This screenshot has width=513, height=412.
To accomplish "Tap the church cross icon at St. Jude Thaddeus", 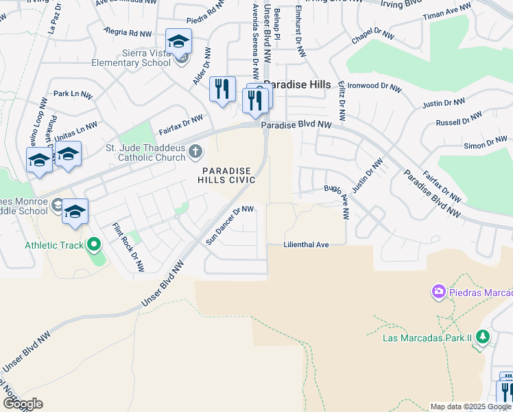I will [x=195, y=151].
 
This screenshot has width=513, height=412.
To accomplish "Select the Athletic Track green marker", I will [x=93, y=244].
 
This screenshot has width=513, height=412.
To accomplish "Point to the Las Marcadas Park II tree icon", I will [x=483, y=336].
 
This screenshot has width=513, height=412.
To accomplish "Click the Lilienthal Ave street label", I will [x=307, y=244].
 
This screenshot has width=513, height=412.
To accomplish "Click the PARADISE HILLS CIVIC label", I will [x=228, y=175].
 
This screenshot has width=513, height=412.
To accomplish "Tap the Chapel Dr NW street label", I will [x=374, y=35].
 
